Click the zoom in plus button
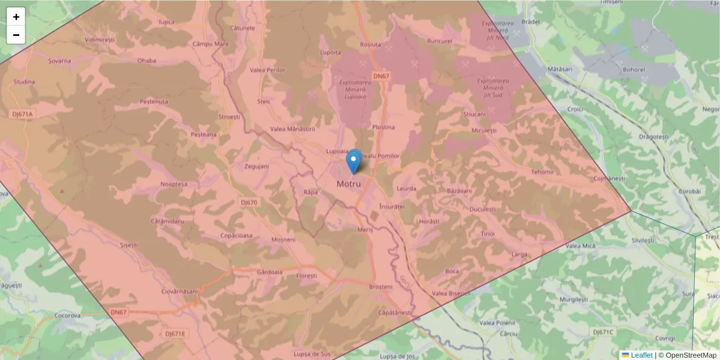click(x=16, y=17)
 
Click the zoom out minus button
click(x=16, y=35)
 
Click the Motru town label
click(x=349, y=184)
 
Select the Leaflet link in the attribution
click(x=641, y=355)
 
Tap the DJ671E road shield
click(x=176, y=334)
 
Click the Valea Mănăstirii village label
click(x=293, y=129)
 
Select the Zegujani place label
click(x=257, y=166)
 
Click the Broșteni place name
click(x=381, y=287)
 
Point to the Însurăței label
click(x=392, y=206)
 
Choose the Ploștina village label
click(x=383, y=127)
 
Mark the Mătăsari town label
click(x=560, y=70)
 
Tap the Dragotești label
click(x=653, y=137)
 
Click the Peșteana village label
click(x=203, y=134)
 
